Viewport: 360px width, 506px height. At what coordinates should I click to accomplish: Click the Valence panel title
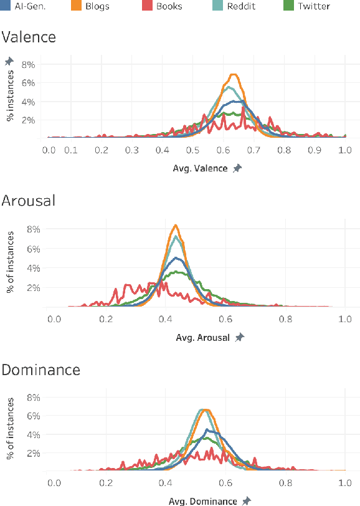pos(29,37)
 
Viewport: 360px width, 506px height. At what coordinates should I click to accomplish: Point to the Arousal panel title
pos(29,201)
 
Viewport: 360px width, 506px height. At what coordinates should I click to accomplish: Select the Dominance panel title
pos(41,370)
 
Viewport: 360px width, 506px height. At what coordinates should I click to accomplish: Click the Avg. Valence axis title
pos(199,169)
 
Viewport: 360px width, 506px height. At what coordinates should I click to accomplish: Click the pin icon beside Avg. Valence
pos(237,168)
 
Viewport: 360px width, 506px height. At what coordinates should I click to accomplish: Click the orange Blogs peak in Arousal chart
pos(176,225)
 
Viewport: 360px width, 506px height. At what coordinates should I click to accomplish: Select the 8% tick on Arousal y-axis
pos(31,229)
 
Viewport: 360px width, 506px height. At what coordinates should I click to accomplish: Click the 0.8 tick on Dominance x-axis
pos(286,482)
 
